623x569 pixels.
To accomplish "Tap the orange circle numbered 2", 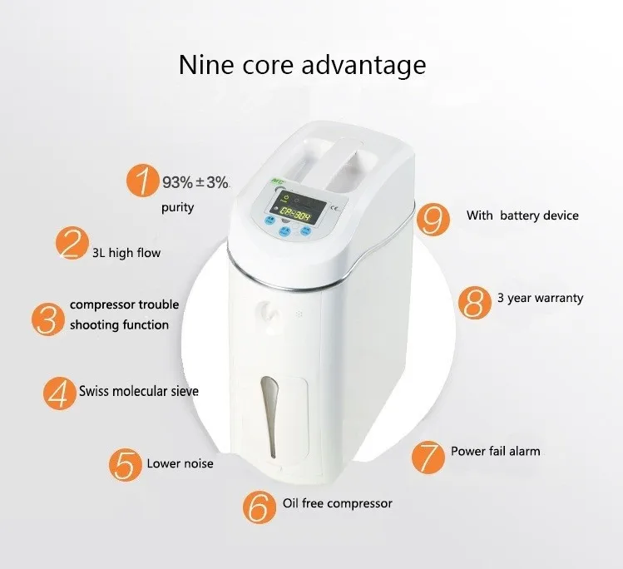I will (x=72, y=245).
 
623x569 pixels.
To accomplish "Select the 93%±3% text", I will (x=195, y=182).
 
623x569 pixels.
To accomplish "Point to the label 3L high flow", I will (x=126, y=252).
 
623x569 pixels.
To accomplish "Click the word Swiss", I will (x=96, y=390).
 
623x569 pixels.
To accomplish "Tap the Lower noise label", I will (x=180, y=463).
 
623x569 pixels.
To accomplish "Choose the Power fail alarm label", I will (x=495, y=451).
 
